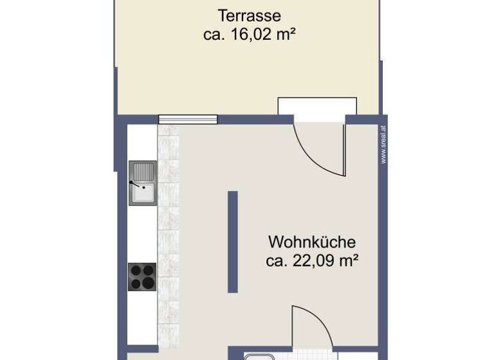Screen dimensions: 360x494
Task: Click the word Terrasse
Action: pyautogui.click(x=249, y=15)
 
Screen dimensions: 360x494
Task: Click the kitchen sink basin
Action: pyautogui.click(x=142, y=192)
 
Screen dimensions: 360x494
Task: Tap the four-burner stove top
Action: pyautogui.click(x=142, y=277)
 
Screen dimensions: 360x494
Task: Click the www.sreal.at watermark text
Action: pyautogui.click(x=383, y=145)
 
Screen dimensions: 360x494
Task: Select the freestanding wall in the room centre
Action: pyautogui.click(x=233, y=242)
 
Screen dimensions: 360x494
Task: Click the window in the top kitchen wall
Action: pyautogui.click(x=188, y=119)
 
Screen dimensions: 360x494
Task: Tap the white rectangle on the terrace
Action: pyautogui.click(x=316, y=106)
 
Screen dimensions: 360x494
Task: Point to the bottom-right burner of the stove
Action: pyautogui.click(x=149, y=283)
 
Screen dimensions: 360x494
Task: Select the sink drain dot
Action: pyautogui.click(x=142, y=188)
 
